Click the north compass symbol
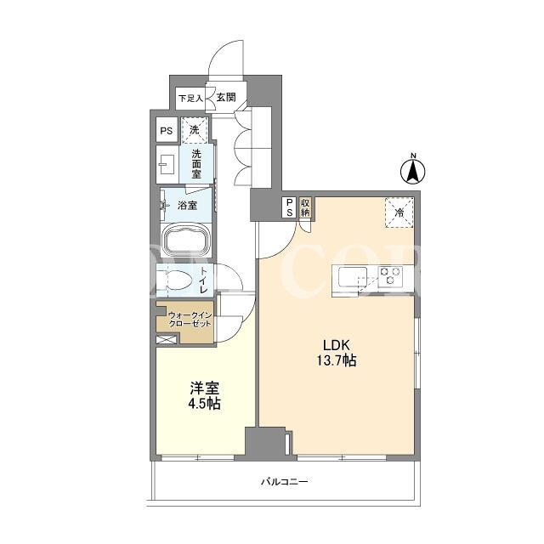pyautogui.click(x=413, y=170)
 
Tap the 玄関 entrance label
pyautogui.click(x=226, y=98)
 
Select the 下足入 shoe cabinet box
pyautogui.click(x=190, y=99)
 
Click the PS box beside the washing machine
pyautogui.click(x=167, y=130)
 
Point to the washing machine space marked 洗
pyautogui.click(x=195, y=130)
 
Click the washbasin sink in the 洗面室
pyautogui.click(x=167, y=164)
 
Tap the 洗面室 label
pyautogui.click(x=196, y=164)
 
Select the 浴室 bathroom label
pyautogui.click(x=187, y=206)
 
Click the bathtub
pyautogui.click(x=186, y=240)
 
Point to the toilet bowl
pyautogui.click(x=178, y=280)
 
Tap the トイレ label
pyautogui.click(x=204, y=280)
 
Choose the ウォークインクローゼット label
pyautogui.click(x=190, y=320)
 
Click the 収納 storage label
pyautogui.click(x=305, y=207)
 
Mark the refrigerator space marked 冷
pyautogui.click(x=399, y=212)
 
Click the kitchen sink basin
pyautogui.click(x=353, y=276)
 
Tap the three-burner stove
pyautogui.click(x=390, y=276)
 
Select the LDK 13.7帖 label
pyautogui.click(x=336, y=353)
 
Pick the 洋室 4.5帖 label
pyautogui.click(x=205, y=395)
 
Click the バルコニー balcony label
pyautogui.click(x=285, y=482)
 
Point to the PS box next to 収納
pyautogui.click(x=290, y=207)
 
